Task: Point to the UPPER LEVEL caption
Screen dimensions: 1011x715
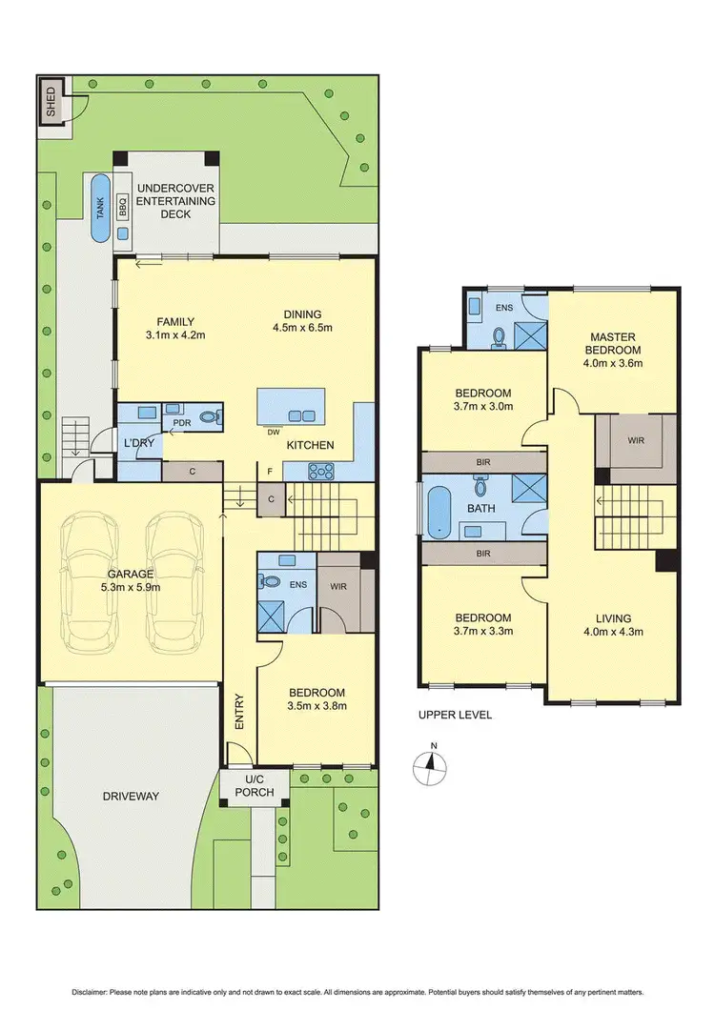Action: pyautogui.click(x=455, y=715)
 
